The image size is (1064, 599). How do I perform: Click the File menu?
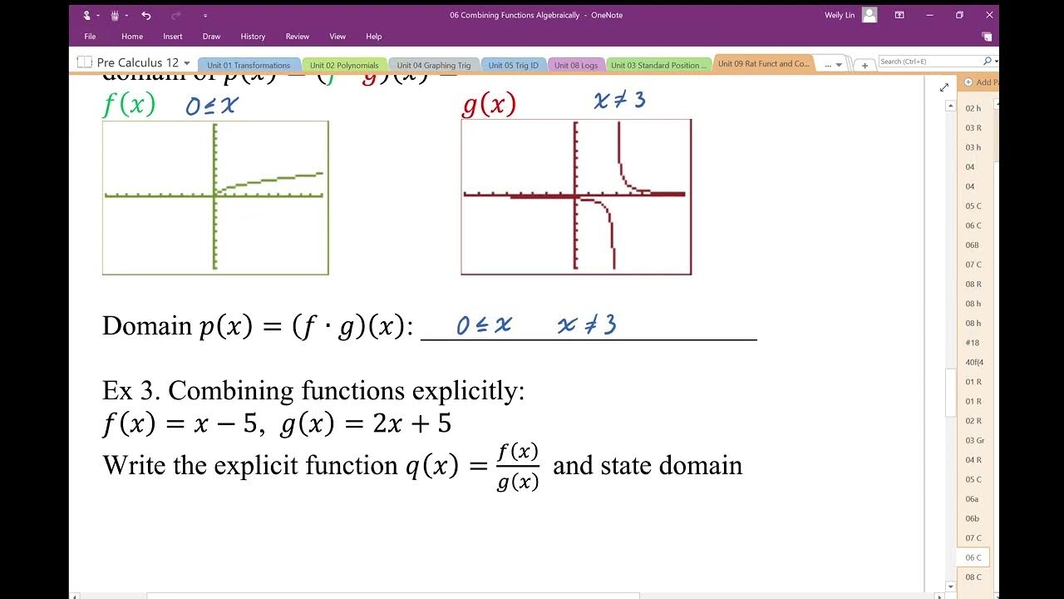pos(90,37)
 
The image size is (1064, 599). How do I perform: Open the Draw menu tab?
pos(211,37)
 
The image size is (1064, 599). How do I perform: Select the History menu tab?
pos(253,37)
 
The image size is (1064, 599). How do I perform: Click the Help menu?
pos(374,37)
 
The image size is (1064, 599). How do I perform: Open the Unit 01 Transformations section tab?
pos(248,65)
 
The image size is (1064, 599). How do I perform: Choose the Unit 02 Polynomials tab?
pos(344,65)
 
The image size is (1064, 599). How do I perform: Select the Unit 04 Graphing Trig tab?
pos(433,65)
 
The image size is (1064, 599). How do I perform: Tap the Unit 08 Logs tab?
pos(576,65)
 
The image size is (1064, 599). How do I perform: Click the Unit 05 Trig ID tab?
pos(513,65)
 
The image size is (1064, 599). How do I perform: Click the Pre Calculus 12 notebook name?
pos(137,63)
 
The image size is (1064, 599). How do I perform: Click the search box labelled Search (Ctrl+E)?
pos(929,62)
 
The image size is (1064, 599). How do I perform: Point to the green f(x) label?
pos(129,105)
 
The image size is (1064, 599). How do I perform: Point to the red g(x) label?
pos(489,105)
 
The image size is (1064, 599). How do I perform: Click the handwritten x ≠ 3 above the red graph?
pos(619,101)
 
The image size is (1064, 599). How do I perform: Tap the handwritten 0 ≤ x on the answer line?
pos(484,325)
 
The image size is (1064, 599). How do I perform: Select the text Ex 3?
pos(131,391)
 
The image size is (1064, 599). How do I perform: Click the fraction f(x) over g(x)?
pos(518,467)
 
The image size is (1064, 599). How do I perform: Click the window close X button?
pos(989,15)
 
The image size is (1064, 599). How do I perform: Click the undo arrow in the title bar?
pos(146,15)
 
